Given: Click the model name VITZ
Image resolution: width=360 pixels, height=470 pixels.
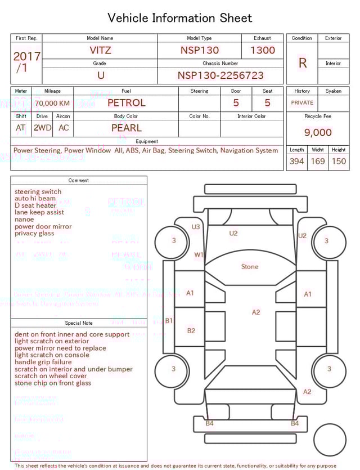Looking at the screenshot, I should [x=101, y=50].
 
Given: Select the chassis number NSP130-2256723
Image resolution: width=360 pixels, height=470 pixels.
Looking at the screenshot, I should [x=220, y=75].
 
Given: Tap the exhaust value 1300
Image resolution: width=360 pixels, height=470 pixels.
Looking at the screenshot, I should [x=263, y=50].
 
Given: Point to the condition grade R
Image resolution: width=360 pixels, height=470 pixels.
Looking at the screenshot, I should [x=302, y=63].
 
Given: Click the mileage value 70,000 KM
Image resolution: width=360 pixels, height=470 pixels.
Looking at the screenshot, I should [x=52, y=104].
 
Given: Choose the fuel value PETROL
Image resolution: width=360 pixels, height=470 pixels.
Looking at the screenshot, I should [x=126, y=103].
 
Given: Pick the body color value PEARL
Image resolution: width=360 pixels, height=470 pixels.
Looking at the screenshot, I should [x=126, y=128].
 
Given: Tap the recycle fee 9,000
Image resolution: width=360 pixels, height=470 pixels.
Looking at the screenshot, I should [x=318, y=132].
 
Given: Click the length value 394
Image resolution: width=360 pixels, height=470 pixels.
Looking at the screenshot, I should [x=296, y=161].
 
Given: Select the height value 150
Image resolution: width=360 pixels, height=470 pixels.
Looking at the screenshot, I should [x=339, y=161].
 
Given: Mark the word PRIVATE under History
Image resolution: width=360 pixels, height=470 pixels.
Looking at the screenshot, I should [x=302, y=103].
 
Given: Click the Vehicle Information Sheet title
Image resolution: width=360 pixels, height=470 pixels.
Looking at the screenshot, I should [x=180, y=18].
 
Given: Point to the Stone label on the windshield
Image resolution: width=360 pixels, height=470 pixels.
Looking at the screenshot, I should [x=250, y=266].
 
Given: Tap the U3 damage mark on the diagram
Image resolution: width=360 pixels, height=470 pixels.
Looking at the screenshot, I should [x=196, y=227].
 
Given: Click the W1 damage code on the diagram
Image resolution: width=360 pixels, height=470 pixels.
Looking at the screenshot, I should [x=199, y=254].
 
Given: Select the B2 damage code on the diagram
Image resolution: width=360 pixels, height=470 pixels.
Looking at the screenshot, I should [x=191, y=330].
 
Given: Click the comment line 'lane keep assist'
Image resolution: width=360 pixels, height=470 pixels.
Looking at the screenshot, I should [x=39, y=213].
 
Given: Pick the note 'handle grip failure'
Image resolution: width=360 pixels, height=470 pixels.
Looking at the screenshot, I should [x=43, y=362].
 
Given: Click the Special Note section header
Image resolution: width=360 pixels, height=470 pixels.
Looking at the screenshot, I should [x=79, y=323].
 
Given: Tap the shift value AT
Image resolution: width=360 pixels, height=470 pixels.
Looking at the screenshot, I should [x=21, y=128].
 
